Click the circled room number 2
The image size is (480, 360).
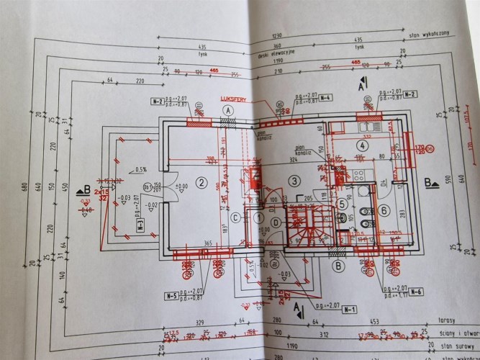click(x=204, y=182)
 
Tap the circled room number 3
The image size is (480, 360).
click(x=294, y=179)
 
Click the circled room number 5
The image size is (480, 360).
click(x=343, y=203)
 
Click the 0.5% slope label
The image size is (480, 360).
click(x=140, y=170)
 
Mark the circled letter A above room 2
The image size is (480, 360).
click(x=228, y=110)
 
